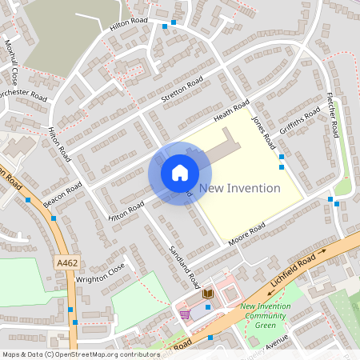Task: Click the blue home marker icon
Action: pyautogui.click(x=180, y=173)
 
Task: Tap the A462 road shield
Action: pyautogui.click(x=67, y=262)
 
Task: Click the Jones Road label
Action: pyautogui.click(x=263, y=131)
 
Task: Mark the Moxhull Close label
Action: pyautogui.click(x=11, y=62)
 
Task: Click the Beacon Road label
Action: pyautogui.click(x=63, y=194)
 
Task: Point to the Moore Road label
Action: pyautogui.click(x=246, y=234)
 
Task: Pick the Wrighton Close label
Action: pyautogui.click(x=101, y=274)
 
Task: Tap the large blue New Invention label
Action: pyautogui.click(x=240, y=189)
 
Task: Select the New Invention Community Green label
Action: pyautogui.click(x=265, y=315)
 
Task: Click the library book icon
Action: pyautogui.click(x=208, y=294)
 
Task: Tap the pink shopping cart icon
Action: pyautogui.click(x=185, y=314)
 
